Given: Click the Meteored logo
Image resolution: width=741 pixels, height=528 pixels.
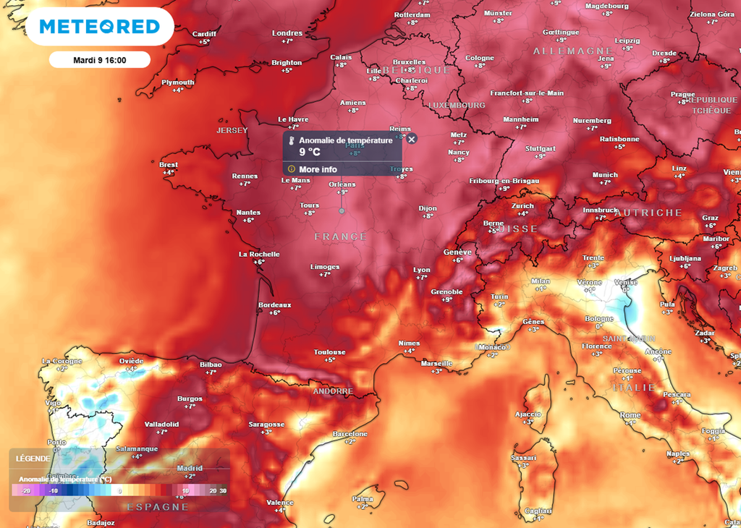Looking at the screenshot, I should point(100,27).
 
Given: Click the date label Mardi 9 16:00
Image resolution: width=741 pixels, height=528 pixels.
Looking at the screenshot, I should point(100,60).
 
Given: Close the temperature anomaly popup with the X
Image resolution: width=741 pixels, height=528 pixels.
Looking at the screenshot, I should point(412,139).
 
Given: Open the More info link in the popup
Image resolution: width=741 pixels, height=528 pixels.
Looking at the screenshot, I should point(318,169).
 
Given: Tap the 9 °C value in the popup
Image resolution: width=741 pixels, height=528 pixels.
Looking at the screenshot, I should point(310,152).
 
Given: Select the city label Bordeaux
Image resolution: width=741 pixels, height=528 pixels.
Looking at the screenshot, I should point(275,305).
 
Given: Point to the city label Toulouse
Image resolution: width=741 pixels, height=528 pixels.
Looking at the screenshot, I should point(329,352).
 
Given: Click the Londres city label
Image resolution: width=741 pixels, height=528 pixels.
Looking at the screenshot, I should point(287,33).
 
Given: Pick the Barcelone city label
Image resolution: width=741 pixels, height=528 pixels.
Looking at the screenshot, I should point(350,434).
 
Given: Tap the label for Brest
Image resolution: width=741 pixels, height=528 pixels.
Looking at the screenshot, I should point(169,165).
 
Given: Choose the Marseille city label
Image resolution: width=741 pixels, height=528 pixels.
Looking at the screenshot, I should point(436,364).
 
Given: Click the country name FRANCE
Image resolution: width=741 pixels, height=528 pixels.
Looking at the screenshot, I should point(341,237).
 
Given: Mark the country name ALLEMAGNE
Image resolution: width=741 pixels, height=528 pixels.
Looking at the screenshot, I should point(563,51).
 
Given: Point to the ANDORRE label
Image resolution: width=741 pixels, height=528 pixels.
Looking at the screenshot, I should point(333,391).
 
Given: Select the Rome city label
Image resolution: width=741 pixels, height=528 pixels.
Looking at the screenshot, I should point(630,415).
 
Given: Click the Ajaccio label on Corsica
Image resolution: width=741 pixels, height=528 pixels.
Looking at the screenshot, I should point(528,414).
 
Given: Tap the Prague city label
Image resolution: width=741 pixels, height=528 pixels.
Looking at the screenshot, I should point(682,94).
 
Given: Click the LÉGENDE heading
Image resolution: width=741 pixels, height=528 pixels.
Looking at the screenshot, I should point(33,458).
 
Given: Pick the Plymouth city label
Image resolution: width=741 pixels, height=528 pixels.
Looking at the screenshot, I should point(178,82).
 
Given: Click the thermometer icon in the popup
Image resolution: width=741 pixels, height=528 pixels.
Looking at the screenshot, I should point(291,141).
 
